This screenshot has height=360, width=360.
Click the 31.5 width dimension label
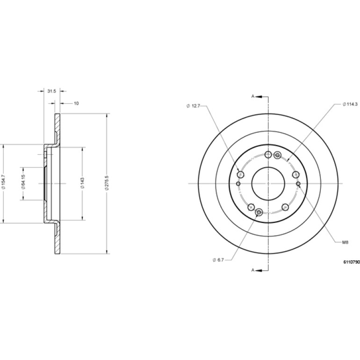click(51, 91)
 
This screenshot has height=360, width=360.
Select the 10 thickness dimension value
click(77, 103)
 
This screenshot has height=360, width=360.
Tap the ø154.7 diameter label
click(3, 183)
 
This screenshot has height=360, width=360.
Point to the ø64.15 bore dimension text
click(23, 183)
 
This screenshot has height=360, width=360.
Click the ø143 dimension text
click(83, 183)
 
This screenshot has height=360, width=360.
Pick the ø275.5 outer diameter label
click(106, 183)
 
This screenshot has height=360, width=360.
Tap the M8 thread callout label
click(346, 242)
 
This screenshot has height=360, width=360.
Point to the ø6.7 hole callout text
click(218, 259)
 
